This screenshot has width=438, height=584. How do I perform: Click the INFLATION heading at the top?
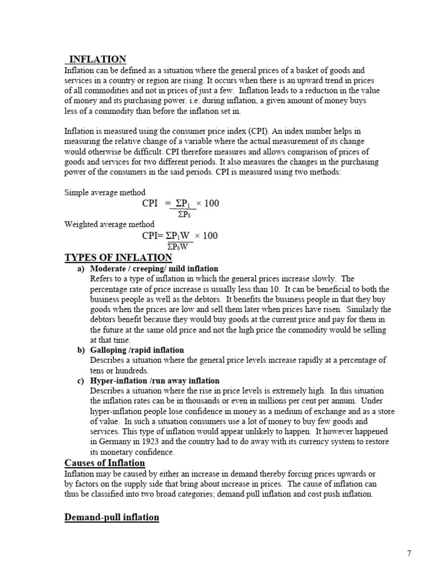pyautogui.click(x=98, y=59)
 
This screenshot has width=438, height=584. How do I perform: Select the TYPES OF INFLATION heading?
pyautogui.click(x=118, y=258)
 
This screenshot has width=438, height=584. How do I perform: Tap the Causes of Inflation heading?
pyautogui.click(x=104, y=463)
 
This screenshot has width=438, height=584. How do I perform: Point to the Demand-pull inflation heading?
pyautogui.click(x=112, y=517)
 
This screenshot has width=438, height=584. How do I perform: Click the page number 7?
pyautogui.click(x=409, y=553)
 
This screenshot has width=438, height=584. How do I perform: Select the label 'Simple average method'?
pyautogui.click(x=105, y=192)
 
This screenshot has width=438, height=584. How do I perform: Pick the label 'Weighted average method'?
pyautogui.click(x=109, y=224)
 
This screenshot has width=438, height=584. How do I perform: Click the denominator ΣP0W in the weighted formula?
pyautogui.click(x=180, y=246)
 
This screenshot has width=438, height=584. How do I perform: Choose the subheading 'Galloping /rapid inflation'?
pyautogui.click(x=137, y=350)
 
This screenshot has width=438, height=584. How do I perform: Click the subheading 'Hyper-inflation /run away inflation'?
pyautogui.click(x=155, y=380)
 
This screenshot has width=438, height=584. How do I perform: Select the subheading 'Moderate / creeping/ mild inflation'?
pyautogui.click(x=154, y=268)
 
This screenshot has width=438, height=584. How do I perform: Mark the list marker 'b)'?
pyautogui.click(x=81, y=350)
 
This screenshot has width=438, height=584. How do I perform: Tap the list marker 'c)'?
pyautogui.click(x=81, y=380)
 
